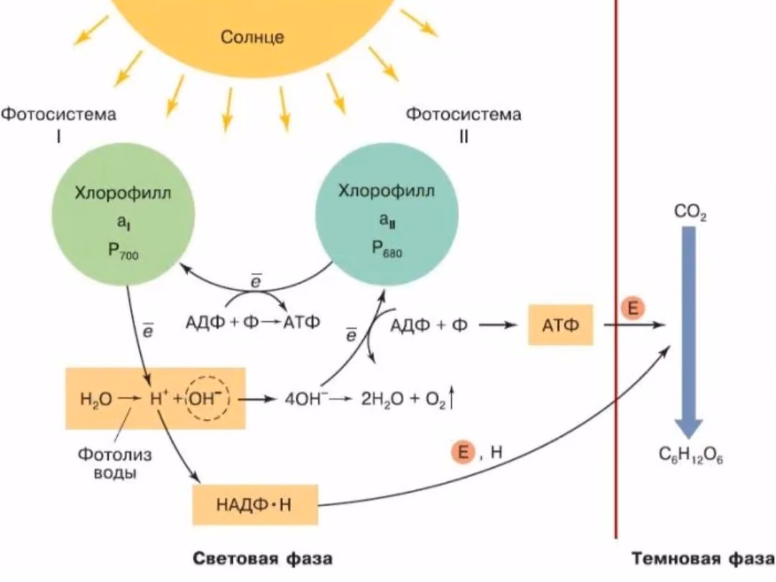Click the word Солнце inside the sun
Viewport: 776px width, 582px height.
point(252,37)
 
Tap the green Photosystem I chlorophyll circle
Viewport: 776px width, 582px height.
point(124,216)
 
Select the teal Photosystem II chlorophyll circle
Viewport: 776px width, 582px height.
point(387,214)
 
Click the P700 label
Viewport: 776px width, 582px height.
point(124,251)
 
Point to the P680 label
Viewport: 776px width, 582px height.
point(387,249)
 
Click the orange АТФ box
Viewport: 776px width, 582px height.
point(560,325)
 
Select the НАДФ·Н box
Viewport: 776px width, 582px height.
point(255,504)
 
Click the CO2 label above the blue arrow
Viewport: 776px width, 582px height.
point(690,212)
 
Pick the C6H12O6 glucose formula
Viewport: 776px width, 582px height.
point(690,454)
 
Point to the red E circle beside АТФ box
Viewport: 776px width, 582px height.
point(633,308)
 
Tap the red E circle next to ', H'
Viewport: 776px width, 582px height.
point(463,452)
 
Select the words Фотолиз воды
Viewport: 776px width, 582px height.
point(115,463)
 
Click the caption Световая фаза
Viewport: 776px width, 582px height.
point(262,559)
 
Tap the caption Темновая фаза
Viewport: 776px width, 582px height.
point(703,559)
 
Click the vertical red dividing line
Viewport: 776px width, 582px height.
point(616,269)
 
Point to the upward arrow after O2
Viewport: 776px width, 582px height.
point(451,398)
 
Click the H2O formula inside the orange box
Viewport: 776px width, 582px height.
point(96,399)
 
